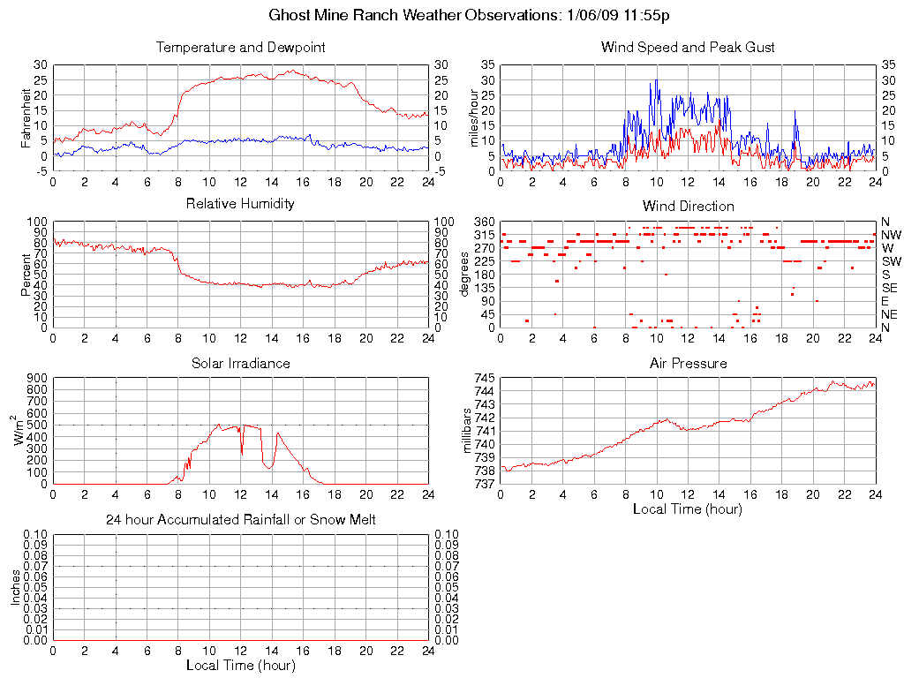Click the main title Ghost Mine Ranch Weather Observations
[x=452, y=16]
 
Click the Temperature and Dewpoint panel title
[x=241, y=48]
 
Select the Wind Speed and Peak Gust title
[x=688, y=48]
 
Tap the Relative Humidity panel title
[x=240, y=204]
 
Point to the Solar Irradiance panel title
[x=240, y=363]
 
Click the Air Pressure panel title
[x=688, y=363]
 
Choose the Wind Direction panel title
[x=688, y=206]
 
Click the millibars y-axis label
[x=469, y=431]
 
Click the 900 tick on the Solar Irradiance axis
[x=36, y=378]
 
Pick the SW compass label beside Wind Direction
[x=890, y=261]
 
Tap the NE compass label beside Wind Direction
[x=890, y=314]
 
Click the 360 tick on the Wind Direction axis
[x=483, y=221]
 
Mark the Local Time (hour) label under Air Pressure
[x=688, y=508]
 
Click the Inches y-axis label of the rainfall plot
[x=15, y=588]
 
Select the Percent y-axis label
[x=26, y=275]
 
